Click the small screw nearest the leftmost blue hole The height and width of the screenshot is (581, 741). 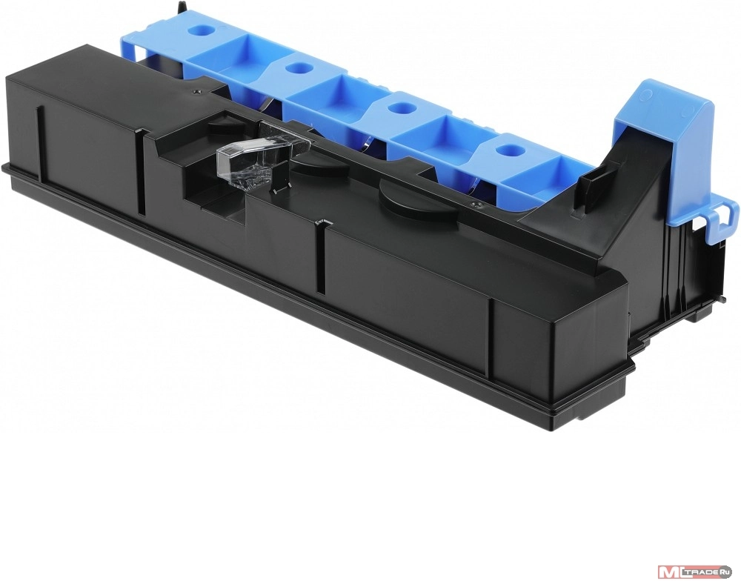point(194,88)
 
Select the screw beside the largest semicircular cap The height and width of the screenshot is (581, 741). point(477,205)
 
